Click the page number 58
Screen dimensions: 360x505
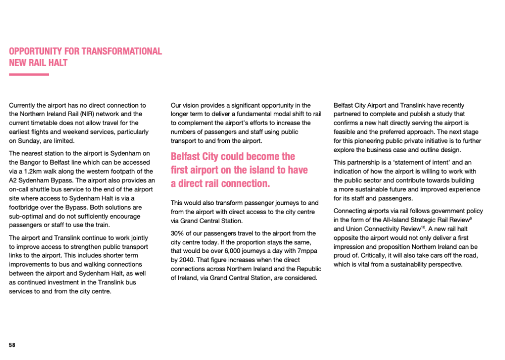12,345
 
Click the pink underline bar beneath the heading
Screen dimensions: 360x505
29,75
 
